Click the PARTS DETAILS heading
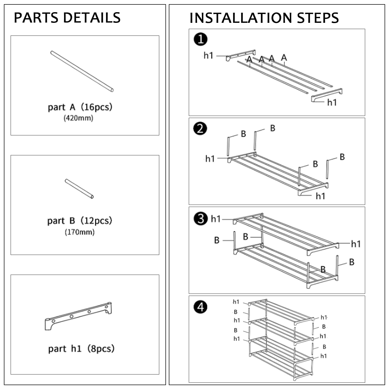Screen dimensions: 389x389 coord(67,18)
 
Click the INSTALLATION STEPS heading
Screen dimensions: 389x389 coord(264,18)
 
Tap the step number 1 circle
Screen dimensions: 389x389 coord(200,39)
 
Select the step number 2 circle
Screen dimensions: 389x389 coord(200,129)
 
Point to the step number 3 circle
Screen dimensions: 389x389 coord(201,219)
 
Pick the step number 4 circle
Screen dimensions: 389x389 coord(200,307)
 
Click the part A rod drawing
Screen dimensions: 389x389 coord(82,71)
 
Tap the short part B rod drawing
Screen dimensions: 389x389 coord(79,189)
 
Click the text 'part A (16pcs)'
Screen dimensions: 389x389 coord(80,107)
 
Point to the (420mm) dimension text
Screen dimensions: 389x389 coord(78,118)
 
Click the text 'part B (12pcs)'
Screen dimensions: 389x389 coord(80,221)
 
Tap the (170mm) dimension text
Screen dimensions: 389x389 coord(79,232)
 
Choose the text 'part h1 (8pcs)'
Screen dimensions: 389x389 coord(81,349)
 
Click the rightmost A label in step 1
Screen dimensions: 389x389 coord(284,57)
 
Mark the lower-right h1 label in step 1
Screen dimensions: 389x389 coord(332,102)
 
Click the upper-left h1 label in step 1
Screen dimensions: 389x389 coord(208,55)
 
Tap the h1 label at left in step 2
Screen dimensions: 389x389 coord(210,158)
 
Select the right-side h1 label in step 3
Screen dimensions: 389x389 coord(356,244)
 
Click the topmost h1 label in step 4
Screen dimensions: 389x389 coord(236,302)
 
